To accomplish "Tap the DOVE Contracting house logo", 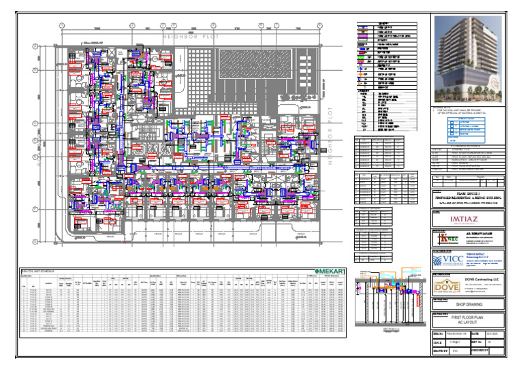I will [x=445, y=288].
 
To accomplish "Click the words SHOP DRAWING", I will [x=469, y=306].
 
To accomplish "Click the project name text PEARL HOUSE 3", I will [x=469, y=193].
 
